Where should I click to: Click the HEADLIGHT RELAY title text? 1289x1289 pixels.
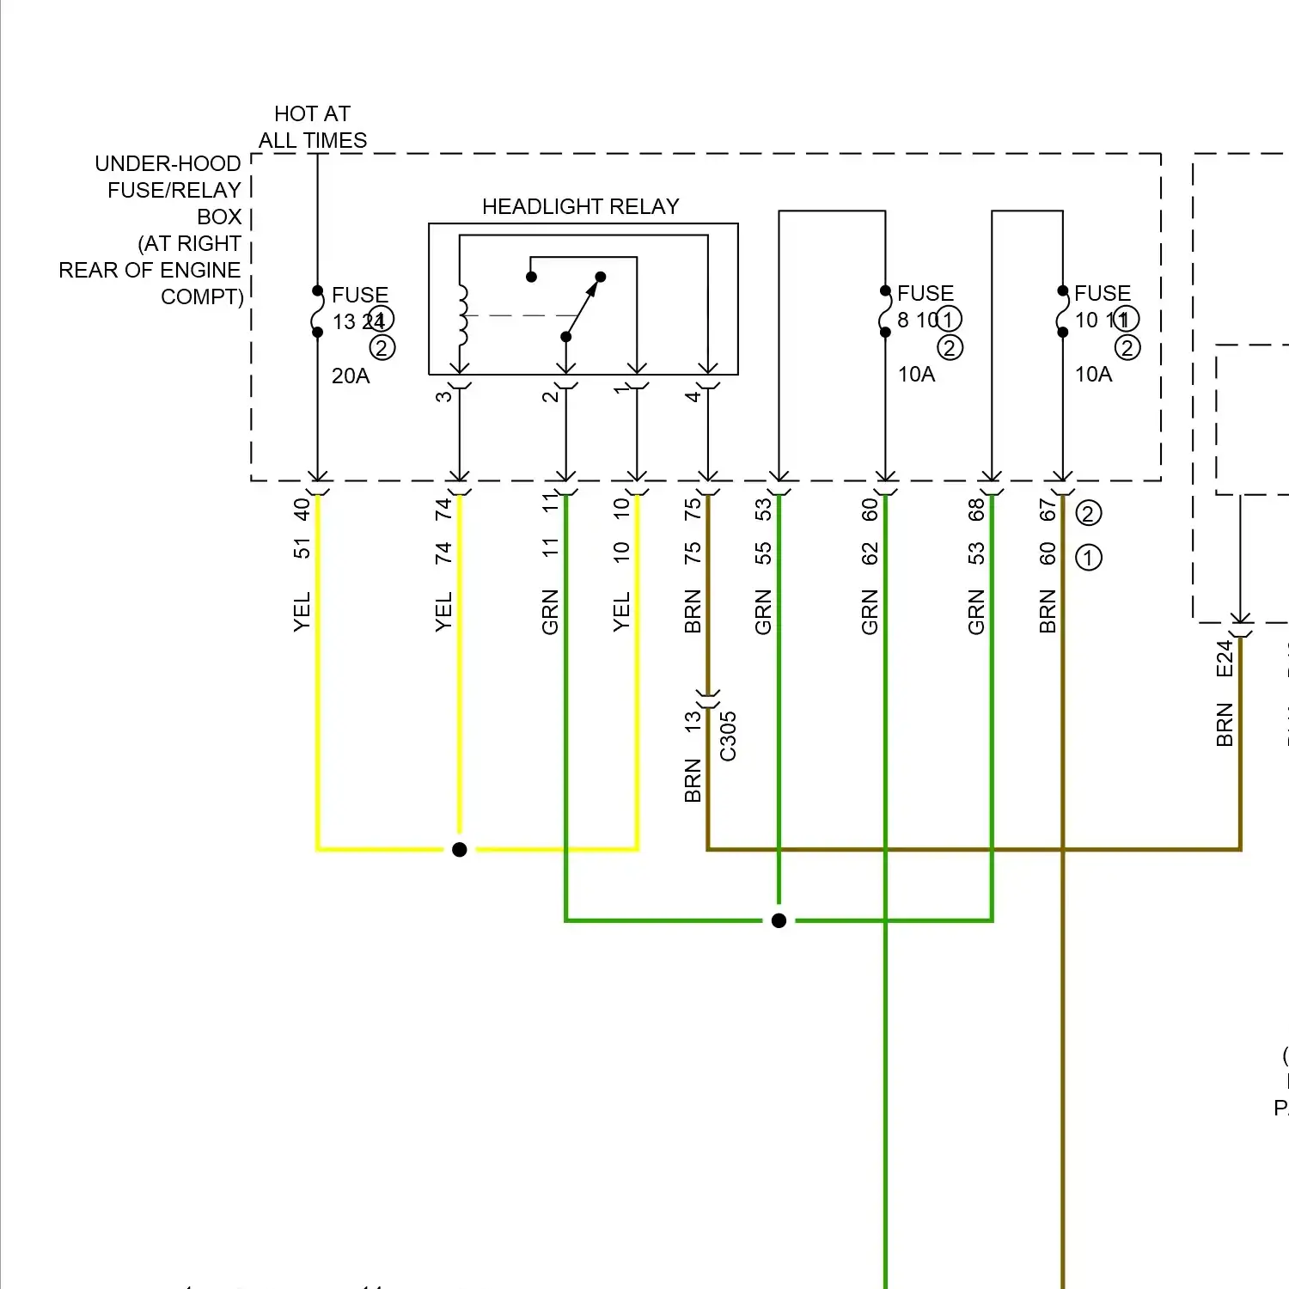point(580,207)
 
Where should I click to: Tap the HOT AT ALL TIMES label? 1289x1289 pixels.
point(313,127)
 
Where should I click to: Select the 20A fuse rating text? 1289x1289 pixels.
point(351,376)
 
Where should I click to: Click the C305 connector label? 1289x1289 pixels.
point(728,736)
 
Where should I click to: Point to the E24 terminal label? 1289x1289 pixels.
point(1225,659)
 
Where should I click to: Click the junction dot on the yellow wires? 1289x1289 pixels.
point(460,850)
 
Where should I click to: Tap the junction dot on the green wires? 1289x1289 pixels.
point(779,921)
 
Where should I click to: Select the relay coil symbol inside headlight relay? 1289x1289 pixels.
point(463,315)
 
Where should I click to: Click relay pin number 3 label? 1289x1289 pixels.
point(443,396)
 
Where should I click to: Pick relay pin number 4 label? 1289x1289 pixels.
point(693,396)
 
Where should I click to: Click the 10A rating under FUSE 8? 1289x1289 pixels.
point(916,375)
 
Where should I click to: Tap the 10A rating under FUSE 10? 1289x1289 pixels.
point(1093,375)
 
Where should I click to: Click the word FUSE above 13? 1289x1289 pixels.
point(360,296)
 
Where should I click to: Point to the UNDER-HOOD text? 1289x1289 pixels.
point(168,164)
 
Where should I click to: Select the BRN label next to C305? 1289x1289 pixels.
point(693,780)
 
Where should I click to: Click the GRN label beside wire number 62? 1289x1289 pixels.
point(870,612)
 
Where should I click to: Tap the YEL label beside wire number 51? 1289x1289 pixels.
point(302,612)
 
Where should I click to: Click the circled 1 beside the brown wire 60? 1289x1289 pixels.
point(1088,558)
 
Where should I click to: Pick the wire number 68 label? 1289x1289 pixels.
point(976,510)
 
